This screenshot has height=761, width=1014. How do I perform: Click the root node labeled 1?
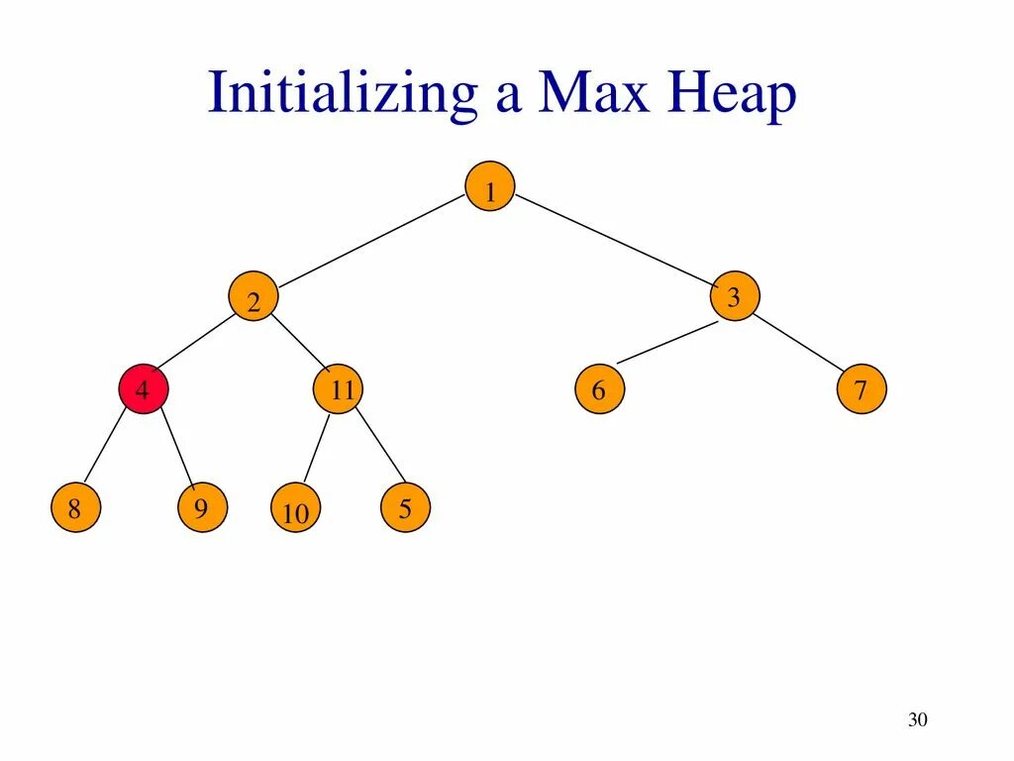490,186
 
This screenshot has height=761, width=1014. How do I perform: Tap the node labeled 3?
734,295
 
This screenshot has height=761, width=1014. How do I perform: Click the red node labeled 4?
144,389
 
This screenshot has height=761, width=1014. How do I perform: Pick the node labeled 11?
339,389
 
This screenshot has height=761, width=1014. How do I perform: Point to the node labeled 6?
599,389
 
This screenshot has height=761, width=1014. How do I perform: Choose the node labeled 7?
862,389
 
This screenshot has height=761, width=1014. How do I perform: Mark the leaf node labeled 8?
75,508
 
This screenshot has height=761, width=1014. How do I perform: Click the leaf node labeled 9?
202,508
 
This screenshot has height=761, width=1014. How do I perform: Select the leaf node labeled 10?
295,512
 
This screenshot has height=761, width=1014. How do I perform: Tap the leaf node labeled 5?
405,508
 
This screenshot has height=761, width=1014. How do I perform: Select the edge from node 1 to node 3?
614,240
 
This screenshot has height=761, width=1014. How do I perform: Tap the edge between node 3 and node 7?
798,343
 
